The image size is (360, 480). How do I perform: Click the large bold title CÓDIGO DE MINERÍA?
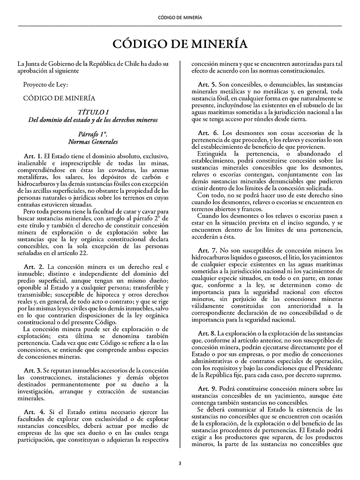180,44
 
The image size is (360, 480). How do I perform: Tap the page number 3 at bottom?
180,463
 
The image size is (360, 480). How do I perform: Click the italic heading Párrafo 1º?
93,134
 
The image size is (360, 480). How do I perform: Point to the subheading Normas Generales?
93,142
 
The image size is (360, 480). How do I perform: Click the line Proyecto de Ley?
45,84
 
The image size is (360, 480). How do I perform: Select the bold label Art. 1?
33,156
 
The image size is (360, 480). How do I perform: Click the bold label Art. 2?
33,266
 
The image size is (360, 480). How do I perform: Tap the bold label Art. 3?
33,370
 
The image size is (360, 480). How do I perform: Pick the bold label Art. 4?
33,412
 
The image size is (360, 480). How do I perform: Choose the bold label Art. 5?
207,84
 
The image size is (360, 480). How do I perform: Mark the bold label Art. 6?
207,133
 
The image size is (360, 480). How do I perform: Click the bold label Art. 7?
207,250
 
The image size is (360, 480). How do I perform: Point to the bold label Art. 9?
207,388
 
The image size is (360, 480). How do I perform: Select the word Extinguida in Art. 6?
213,154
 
